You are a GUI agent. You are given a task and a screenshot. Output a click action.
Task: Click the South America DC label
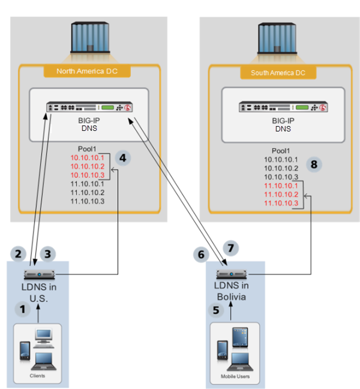(x=273, y=73)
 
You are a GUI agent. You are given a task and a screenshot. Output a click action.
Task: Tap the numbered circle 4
(x=122, y=158)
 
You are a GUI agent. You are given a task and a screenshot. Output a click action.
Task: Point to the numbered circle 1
(x=23, y=310)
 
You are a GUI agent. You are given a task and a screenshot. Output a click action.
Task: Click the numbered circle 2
(x=19, y=254)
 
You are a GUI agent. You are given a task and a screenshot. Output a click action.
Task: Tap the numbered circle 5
(x=215, y=310)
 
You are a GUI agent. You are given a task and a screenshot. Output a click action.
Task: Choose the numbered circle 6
(x=203, y=255)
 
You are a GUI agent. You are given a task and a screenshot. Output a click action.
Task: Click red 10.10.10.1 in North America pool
(x=88, y=158)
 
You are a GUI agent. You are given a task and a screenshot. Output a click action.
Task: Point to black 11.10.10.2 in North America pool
(x=88, y=192)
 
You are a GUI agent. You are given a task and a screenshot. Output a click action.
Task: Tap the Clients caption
(x=37, y=376)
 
